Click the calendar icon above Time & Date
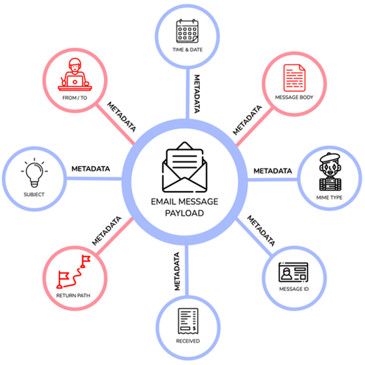(187, 31)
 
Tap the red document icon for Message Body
(294, 78)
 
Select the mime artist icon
(330, 172)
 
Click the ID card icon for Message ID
(293, 272)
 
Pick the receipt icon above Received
(188, 321)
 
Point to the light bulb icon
(34, 173)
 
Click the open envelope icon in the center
(185, 167)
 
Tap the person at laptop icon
(75, 74)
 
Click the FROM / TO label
(75, 98)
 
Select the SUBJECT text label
(34, 194)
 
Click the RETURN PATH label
(73, 295)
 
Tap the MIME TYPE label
(329, 198)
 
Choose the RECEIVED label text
(188, 341)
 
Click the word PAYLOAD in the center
(184, 213)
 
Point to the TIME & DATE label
(187, 50)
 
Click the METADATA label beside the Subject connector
(91, 169)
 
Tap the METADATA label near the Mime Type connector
(273, 171)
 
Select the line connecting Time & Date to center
(187, 94)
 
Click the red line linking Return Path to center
(115, 236)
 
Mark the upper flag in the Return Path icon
(85, 261)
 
